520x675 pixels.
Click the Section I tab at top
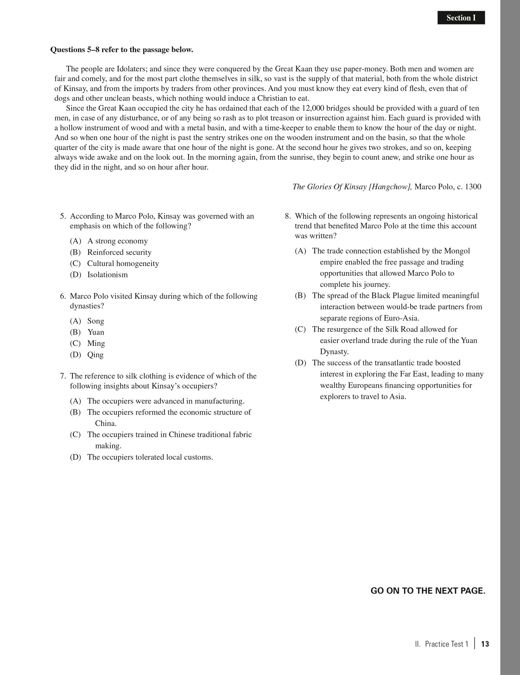461,18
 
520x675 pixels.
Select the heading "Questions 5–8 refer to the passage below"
121,50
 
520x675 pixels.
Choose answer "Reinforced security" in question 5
119,252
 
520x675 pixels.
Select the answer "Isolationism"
107,275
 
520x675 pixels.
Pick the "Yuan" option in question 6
96,332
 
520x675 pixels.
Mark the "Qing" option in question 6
95,354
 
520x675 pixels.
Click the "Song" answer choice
96,321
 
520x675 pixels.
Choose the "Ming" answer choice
96,343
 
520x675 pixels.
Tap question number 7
63,376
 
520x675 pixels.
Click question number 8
288,216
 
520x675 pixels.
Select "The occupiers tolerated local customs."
150,457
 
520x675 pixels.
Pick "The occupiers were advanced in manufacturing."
166,401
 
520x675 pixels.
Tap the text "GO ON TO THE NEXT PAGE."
428,591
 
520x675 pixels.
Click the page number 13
485,644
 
